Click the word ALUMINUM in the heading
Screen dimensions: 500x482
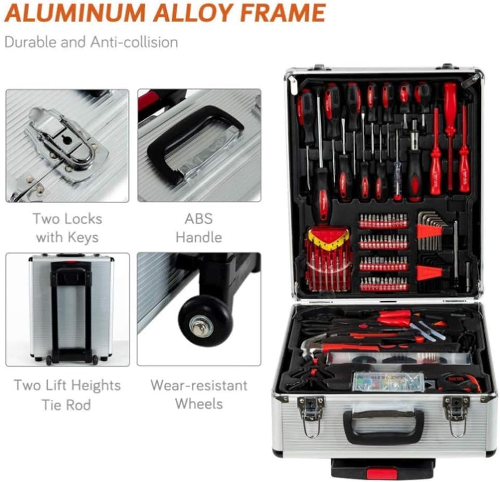click(75, 13)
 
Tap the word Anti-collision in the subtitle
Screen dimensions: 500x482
click(134, 42)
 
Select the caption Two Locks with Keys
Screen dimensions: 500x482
click(67, 228)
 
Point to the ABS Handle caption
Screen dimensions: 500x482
click(199, 228)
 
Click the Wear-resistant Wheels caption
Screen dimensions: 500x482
click(199, 395)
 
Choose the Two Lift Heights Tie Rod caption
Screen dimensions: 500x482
click(67, 395)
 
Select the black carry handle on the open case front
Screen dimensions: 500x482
click(384, 426)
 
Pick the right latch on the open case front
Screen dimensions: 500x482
click(456, 416)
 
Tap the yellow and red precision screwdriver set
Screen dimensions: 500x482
click(328, 259)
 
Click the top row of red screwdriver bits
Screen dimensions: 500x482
click(384, 221)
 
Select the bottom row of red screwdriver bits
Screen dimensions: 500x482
click(384, 284)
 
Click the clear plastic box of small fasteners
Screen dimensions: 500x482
click(388, 382)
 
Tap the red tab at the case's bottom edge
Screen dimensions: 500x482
click(381, 473)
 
